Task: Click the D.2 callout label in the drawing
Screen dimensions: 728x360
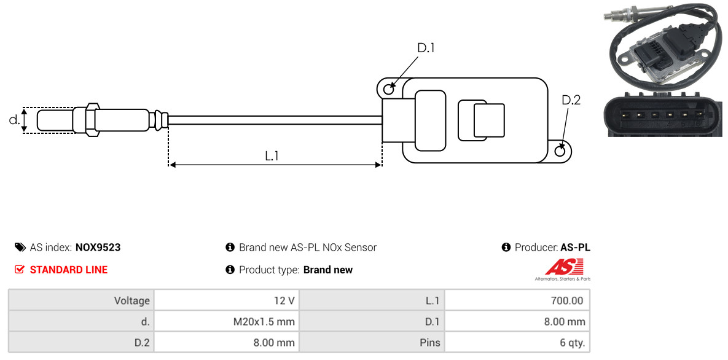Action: click(x=571, y=100)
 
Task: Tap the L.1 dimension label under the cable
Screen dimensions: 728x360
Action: click(x=272, y=155)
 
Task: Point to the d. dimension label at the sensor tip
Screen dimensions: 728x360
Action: click(x=14, y=120)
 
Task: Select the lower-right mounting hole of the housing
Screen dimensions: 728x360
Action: click(x=561, y=151)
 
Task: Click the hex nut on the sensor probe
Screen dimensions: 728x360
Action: click(x=92, y=119)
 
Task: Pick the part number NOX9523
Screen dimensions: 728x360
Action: click(x=98, y=248)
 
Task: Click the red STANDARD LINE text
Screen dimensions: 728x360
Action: click(x=69, y=270)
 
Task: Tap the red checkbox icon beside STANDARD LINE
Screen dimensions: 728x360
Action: click(x=20, y=270)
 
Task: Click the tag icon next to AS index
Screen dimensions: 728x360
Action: click(x=20, y=247)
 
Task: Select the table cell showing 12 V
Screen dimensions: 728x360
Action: click(x=227, y=300)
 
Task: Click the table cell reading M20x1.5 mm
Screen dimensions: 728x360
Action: click(x=227, y=321)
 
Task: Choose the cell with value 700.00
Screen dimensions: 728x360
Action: click(x=517, y=300)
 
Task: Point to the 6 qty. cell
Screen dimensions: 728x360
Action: click(x=517, y=343)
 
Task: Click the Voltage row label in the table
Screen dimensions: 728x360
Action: click(x=81, y=300)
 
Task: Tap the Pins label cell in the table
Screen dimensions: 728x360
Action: click(x=372, y=343)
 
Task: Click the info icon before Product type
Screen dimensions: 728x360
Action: click(x=230, y=270)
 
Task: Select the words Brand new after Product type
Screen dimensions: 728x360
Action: click(x=328, y=270)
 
